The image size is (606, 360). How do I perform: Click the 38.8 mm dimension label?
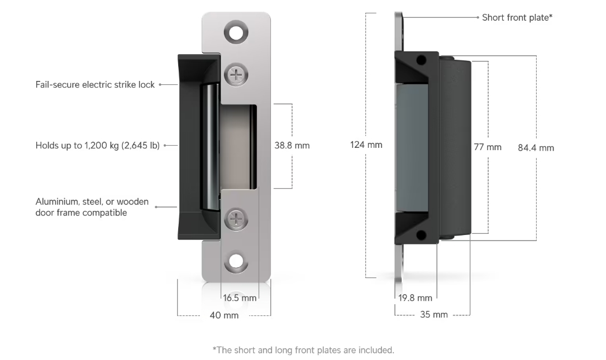[x=292, y=146]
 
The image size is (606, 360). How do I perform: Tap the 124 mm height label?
[x=366, y=145]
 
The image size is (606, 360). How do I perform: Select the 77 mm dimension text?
[x=488, y=147]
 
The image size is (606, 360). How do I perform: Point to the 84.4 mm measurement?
[x=536, y=148]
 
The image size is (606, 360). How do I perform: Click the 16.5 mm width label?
[x=240, y=298]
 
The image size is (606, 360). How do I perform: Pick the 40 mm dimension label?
[x=224, y=315]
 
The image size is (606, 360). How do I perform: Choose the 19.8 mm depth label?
[x=415, y=298]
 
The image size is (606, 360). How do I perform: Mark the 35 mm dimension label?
[x=433, y=315]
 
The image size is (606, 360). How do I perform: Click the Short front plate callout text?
[x=517, y=18]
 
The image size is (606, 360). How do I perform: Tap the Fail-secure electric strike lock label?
[x=95, y=85]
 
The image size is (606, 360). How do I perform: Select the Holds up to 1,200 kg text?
[x=98, y=146]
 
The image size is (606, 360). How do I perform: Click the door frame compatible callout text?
[x=92, y=207]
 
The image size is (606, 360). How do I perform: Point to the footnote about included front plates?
[x=303, y=351]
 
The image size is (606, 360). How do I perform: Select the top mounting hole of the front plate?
[x=236, y=32]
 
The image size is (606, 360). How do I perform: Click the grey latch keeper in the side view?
[x=412, y=148]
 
